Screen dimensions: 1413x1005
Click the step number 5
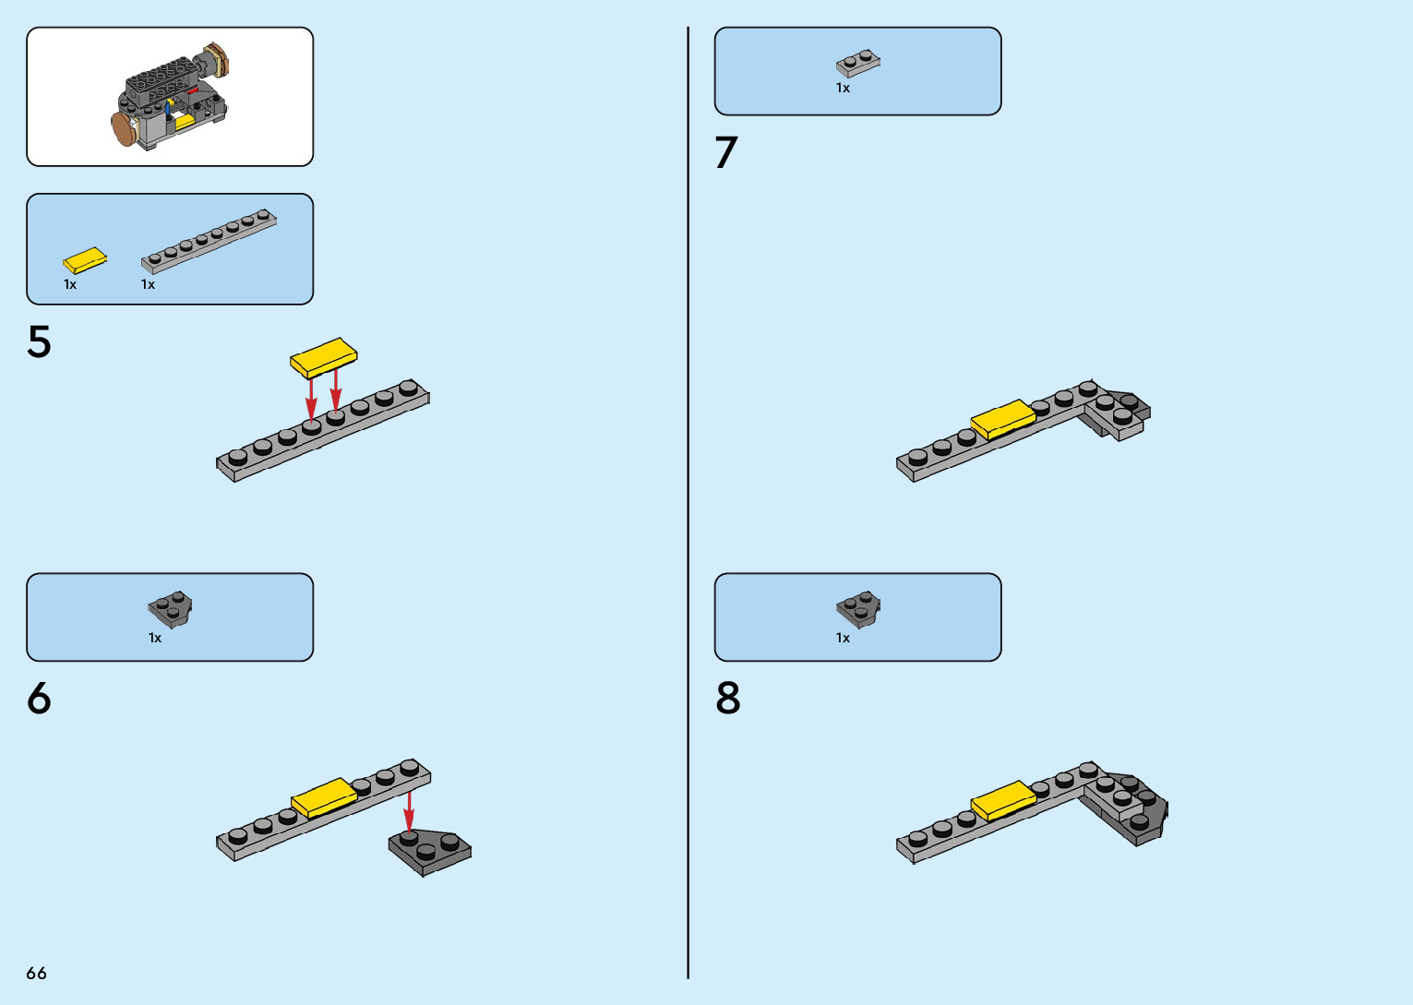pos(39,341)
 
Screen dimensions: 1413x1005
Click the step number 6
pos(39,699)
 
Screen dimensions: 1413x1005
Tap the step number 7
pos(726,153)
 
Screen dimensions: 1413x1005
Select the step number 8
pos(727,699)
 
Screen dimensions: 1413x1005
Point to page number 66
pos(36,973)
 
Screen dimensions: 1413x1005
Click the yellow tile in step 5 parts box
pos(85,260)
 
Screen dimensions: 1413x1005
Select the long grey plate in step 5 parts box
pos(209,240)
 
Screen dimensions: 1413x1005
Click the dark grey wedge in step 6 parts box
pos(170,608)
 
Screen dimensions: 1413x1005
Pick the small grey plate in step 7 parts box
pos(858,63)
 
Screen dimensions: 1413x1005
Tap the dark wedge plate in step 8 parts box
pos(858,609)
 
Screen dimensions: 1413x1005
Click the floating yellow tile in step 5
pos(323,357)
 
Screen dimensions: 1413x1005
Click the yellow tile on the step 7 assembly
pos(1003,419)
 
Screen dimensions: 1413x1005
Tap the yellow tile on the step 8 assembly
pos(1003,800)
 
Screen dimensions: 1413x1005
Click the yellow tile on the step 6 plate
pos(324,796)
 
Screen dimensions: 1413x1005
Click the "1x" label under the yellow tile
pos(70,284)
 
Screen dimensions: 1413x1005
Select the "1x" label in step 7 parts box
pos(843,88)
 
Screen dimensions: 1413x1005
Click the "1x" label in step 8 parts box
pos(843,638)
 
